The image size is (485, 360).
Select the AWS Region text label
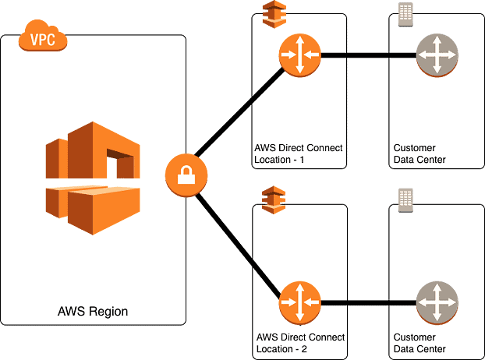tap(93, 312)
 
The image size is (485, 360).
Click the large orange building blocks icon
tap(93, 178)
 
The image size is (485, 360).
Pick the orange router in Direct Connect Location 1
tap(299, 55)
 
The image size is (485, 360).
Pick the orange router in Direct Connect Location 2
tap(299, 302)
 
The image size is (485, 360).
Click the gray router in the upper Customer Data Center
tap(437, 55)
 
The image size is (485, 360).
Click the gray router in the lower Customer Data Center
tap(437, 302)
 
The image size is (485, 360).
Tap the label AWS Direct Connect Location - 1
tap(298, 154)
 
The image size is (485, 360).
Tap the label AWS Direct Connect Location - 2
tap(298, 343)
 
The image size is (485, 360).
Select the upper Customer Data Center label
tap(420, 154)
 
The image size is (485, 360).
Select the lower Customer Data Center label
tap(420, 343)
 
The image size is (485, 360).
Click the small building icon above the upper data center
tap(405, 15)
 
